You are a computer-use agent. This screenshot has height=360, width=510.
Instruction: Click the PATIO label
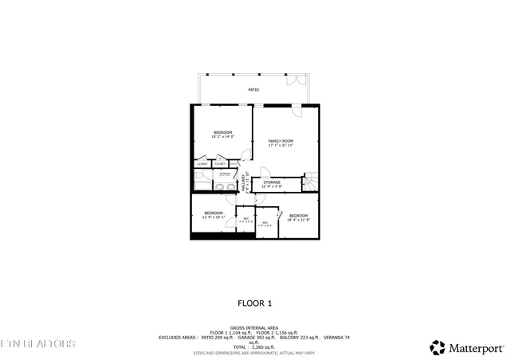[253, 90]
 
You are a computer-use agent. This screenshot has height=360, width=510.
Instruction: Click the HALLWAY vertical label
[245, 182]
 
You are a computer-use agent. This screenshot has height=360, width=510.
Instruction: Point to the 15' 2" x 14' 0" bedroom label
[222, 135]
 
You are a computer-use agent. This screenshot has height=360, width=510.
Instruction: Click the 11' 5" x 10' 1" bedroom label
[214, 215]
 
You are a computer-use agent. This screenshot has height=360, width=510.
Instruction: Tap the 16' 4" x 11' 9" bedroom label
[298, 217]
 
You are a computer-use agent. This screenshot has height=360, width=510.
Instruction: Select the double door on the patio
[295, 81]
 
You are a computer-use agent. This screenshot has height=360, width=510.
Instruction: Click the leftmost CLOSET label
[202, 164]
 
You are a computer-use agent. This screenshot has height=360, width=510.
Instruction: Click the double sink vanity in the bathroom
[226, 188]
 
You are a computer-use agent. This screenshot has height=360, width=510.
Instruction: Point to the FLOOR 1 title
[255, 303]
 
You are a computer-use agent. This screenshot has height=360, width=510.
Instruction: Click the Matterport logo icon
[437, 347]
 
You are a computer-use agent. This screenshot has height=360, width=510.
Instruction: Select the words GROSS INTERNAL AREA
[254, 327]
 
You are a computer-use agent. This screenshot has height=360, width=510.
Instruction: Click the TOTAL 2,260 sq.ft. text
[255, 347]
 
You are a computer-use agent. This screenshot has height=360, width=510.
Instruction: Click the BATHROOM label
[226, 174]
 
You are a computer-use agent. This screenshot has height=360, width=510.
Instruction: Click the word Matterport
[475, 347]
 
